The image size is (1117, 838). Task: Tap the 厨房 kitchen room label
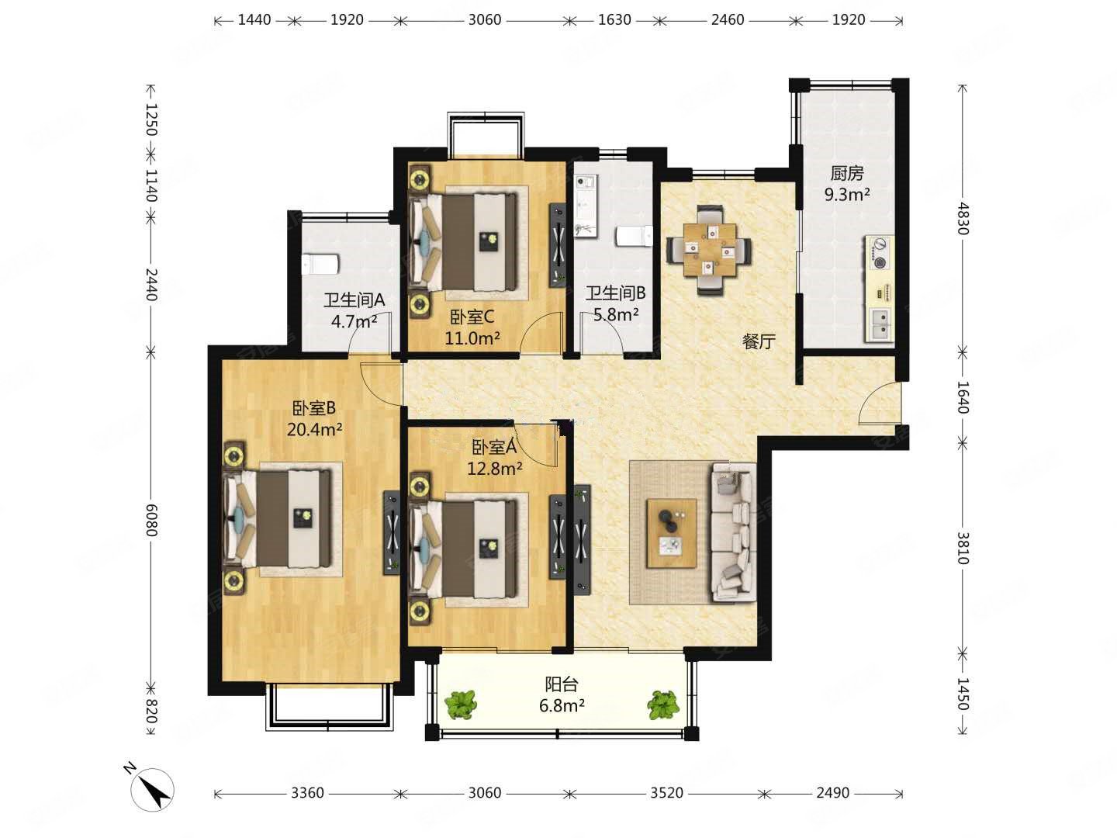[x=847, y=174]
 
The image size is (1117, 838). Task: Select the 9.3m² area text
[x=847, y=194]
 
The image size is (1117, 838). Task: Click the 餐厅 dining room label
[x=759, y=341]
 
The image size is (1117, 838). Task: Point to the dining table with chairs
[x=710, y=250]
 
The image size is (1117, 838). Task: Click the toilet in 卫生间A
[x=320, y=265]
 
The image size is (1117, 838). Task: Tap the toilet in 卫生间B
[x=634, y=236]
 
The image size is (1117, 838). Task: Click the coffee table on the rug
[x=672, y=533]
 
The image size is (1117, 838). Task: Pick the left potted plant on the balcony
[x=461, y=705]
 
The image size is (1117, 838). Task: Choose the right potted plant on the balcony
[x=662, y=705]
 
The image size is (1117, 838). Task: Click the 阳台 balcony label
[x=562, y=684]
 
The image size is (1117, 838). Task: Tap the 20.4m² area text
[x=314, y=430]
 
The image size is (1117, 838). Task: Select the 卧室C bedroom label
[x=472, y=317]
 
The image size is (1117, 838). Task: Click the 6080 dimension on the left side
[x=151, y=521]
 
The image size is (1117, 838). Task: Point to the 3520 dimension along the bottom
[x=666, y=793]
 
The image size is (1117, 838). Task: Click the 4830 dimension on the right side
[x=962, y=218]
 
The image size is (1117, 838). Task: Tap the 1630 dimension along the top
[x=614, y=20]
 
